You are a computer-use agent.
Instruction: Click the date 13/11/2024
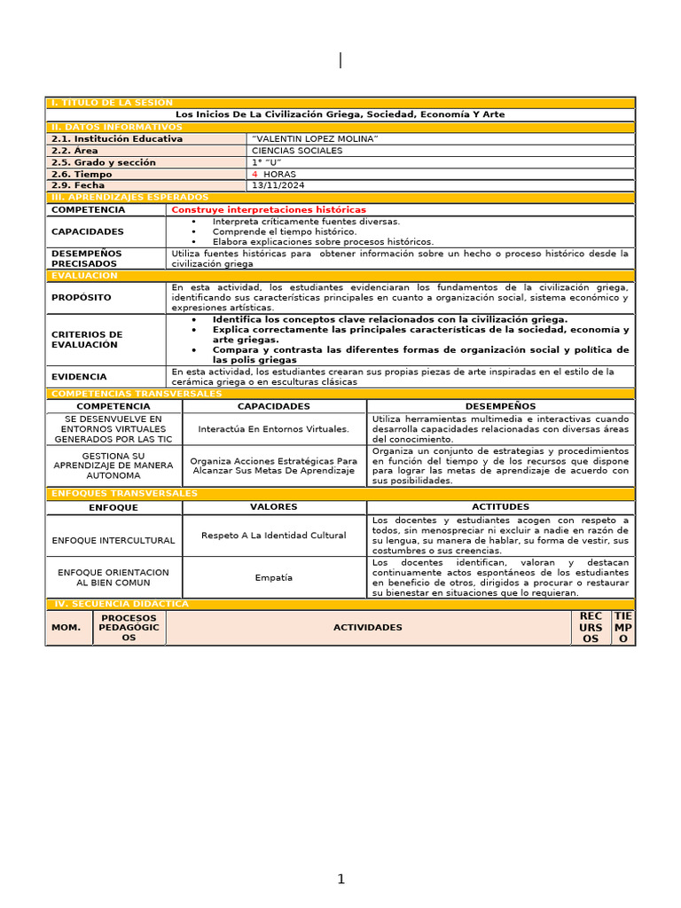tap(278, 186)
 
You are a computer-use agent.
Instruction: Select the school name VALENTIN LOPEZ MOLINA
tap(315, 139)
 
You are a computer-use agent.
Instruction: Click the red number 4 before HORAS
tap(254, 175)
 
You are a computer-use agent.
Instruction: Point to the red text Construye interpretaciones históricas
tap(268, 210)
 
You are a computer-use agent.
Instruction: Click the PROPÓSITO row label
tap(81, 298)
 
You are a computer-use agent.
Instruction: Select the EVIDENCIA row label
tap(79, 377)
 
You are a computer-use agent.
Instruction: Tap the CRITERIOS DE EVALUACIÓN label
tap(86, 340)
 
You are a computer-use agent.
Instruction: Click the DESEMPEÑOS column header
tap(500, 406)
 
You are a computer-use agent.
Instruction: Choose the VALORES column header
tap(274, 507)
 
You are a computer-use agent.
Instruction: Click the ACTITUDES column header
tap(500, 507)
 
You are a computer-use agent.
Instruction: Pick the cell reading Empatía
tap(273, 578)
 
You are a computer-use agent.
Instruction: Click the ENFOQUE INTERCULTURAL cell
tap(113, 540)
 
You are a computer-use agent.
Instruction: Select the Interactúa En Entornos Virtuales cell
tap(273, 429)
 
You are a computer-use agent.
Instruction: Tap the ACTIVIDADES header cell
tap(367, 628)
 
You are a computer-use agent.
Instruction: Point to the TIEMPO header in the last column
tap(622, 627)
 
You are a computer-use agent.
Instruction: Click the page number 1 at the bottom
tap(340, 880)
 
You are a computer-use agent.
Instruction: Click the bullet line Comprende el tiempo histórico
tap(284, 231)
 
